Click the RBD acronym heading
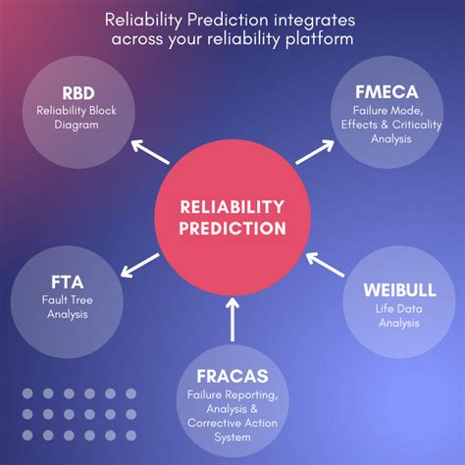[78, 93]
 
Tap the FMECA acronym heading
[387, 92]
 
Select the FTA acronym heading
[68, 283]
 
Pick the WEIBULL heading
[399, 290]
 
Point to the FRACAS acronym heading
[232, 376]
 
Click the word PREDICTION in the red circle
[232, 228]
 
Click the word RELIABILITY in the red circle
[232, 207]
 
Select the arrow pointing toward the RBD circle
[150, 152]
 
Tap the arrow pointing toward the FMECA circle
[315, 152]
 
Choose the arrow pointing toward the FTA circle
[140, 266]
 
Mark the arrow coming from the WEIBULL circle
[326, 265]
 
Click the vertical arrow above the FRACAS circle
[232, 319]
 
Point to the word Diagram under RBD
[77, 125]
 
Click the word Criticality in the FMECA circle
[417, 125]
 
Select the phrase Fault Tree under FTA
[68, 300]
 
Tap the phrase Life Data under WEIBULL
[399, 309]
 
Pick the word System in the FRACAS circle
[232, 438]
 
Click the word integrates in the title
[315, 21]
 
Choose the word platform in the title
[320, 39]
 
